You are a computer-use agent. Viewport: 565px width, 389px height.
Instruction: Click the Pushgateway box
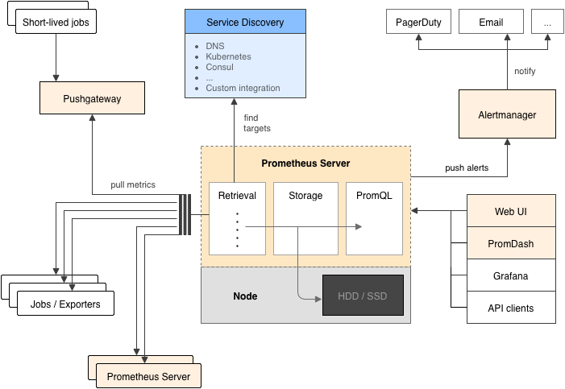(92, 100)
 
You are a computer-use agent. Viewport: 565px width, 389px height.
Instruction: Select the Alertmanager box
(507, 114)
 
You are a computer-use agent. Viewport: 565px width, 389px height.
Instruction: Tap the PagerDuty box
(418, 22)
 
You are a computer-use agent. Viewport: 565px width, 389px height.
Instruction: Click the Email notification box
(491, 22)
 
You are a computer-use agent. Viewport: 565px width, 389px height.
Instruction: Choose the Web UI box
(511, 211)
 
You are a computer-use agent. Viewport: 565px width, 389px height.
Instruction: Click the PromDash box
(511, 243)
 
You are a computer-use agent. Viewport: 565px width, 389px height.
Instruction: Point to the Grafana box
(511, 275)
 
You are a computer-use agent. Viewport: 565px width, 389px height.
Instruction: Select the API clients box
(511, 308)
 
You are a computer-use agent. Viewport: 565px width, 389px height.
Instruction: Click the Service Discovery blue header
(245, 22)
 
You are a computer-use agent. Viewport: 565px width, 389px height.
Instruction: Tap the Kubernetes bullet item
(228, 57)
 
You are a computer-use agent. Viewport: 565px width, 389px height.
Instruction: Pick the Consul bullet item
(219, 68)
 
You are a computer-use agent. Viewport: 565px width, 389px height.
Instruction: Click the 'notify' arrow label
(525, 72)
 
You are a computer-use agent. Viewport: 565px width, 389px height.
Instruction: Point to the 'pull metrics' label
(133, 185)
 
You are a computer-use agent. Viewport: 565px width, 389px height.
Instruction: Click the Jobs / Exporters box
(65, 304)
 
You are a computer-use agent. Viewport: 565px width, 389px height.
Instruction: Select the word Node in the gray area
(245, 296)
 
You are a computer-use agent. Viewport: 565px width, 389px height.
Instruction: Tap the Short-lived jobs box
(56, 22)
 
